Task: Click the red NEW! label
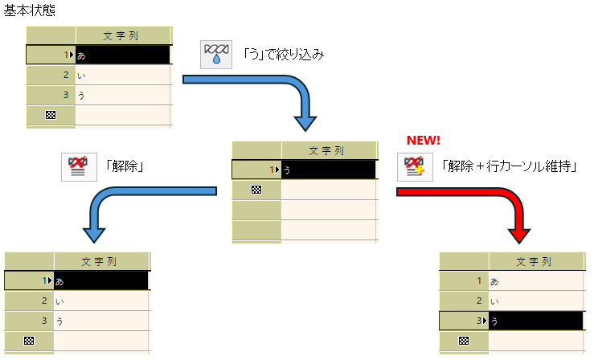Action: point(423,140)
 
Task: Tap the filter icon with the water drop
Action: point(215,55)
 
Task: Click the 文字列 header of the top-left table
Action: point(124,35)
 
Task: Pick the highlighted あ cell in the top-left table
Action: point(123,55)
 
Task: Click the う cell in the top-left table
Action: point(123,96)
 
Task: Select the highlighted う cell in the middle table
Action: point(329,170)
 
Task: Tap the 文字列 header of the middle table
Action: point(329,150)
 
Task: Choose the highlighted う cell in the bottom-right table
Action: point(535,321)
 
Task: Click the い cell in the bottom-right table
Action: point(535,301)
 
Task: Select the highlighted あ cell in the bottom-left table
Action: point(101,280)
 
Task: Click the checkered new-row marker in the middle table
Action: point(256,190)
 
